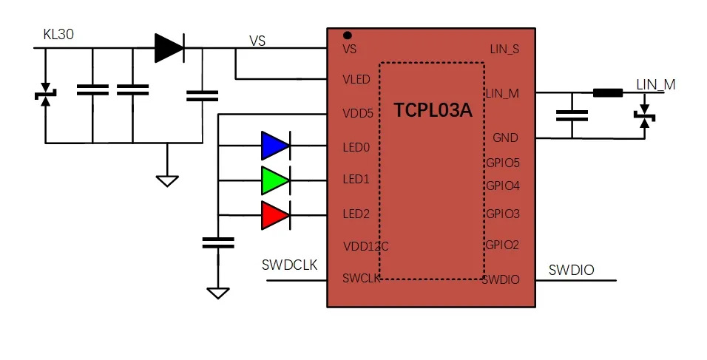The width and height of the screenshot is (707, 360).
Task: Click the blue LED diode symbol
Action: pos(276,146)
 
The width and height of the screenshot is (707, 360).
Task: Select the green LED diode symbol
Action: pos(276,180)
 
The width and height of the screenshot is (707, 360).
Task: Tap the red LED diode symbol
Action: pos(276,215)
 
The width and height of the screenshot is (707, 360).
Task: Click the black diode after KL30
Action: pos(169,48)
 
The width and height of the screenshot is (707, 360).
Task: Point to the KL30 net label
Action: pos(58,34)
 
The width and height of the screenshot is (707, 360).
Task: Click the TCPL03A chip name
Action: pos(433,110)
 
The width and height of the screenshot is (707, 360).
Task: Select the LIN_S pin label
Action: pos(504,49)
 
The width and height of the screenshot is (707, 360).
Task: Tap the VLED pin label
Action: pos(356,80)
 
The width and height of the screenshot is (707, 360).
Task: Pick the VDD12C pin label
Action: pos(365,246)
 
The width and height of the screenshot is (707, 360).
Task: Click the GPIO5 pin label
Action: pos(503,163)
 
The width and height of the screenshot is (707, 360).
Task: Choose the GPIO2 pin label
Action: pos(502,245)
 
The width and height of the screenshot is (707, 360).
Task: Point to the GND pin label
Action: pos(505,138)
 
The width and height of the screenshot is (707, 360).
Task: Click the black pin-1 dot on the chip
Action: pos(347,35)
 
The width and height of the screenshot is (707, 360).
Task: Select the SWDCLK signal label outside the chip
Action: pos(289,265)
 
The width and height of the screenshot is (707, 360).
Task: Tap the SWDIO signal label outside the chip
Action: pos(571,270)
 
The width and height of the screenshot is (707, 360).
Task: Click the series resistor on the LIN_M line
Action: pos(608,93)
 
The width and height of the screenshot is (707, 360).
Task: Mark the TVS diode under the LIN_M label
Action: pos(645,116)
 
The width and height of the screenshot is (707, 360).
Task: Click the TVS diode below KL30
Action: pos(45,95)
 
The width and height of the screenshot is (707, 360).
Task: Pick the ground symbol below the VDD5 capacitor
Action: pos(218,293)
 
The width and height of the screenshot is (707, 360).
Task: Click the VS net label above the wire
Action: pos(257,41)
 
